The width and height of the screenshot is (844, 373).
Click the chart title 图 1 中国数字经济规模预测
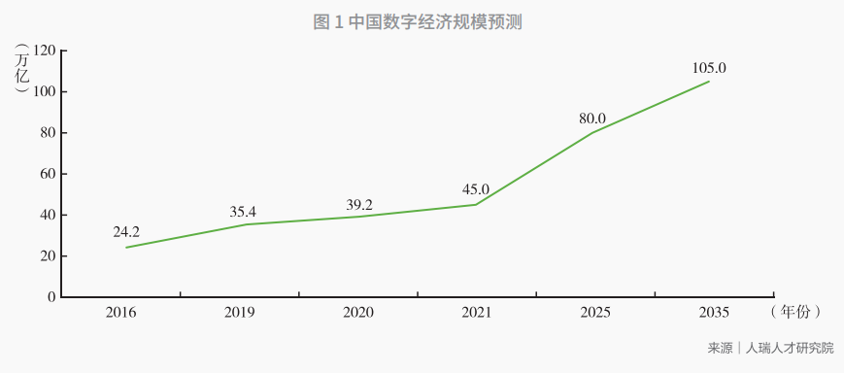[x=418, y=22]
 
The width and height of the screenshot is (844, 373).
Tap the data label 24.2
[x=126, y=232]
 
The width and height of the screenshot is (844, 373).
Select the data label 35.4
[x=243, y=212]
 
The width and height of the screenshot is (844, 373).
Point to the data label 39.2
[x=359, y=205]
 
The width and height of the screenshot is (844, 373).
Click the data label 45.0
[x=476, y=189]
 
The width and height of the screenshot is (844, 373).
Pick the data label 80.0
[x=592, y=119]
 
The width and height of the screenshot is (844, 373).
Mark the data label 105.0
[x=709, y=68]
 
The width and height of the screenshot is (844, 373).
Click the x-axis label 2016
[x=121, y=313]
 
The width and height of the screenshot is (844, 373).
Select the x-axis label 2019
[x=240, y=313]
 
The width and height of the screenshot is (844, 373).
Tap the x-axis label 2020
[x=358, y=313]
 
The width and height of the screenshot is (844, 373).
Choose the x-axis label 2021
[x=476, y=313]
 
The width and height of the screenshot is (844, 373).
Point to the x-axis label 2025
[x=595, y=313]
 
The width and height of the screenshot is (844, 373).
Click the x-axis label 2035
[x=714, y=313]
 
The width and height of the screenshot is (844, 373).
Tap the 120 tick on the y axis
[x=44, y=51]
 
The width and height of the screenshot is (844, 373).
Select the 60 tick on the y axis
[x=48, y=174]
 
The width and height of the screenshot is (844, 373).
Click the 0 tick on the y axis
[x=51, y=297]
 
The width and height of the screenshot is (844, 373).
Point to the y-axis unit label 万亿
[x=22, y=68]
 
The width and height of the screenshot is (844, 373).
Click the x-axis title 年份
[x=796, y=312]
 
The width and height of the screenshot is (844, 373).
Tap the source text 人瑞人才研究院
[x=789, y=348]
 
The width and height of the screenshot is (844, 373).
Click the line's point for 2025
[x=592, y=132]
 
